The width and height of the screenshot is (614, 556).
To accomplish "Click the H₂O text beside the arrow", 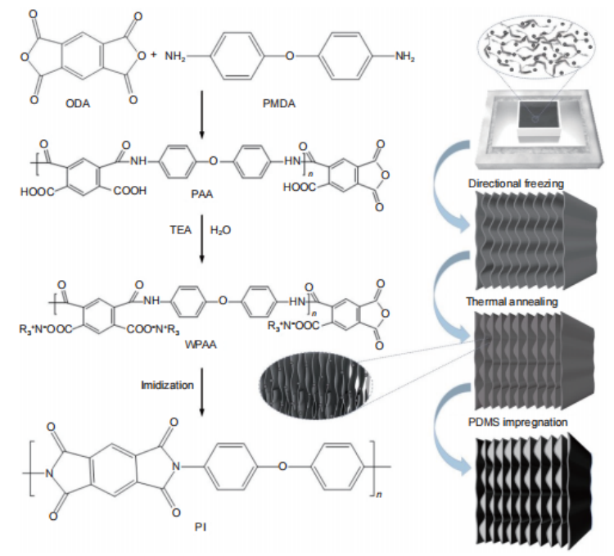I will (x=222, y=232).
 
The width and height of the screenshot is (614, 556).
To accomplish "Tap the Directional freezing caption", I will (x=516, y=184).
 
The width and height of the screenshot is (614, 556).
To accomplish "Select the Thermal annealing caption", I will (x=516, y=303).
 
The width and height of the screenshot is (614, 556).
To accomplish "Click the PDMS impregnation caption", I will (x=516, y=423).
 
